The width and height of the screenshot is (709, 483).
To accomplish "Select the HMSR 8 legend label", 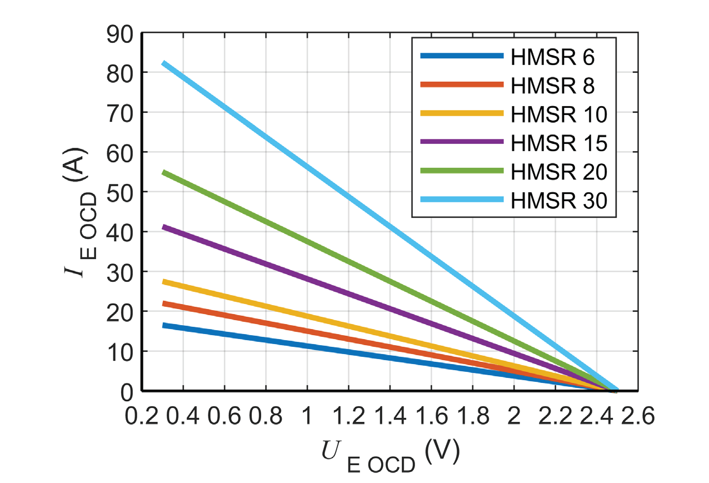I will pos(553,86).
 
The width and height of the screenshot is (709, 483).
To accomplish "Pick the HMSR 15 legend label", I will pos(558,143).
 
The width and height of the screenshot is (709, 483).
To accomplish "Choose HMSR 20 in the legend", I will pos(558,171).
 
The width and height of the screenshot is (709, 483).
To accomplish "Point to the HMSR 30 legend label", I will pos(558,200).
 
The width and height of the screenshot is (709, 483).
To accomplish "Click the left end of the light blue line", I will pos(163,63).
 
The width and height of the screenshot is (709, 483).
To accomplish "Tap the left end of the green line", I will pos(163,172).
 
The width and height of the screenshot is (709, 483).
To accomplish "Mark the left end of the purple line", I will pos(163,227).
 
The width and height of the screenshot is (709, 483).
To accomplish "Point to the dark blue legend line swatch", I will pos(462,57).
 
